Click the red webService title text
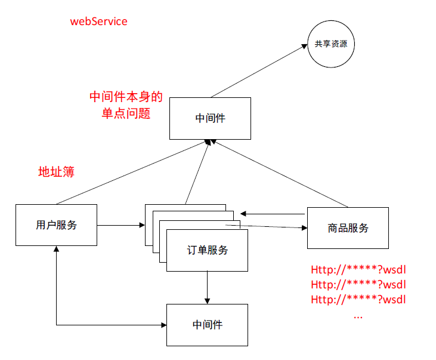coord(99,21)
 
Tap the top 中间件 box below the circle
coord(210,118)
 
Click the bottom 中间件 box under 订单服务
coord(207,325)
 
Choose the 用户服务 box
coord(56,224)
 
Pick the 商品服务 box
coord(348,227)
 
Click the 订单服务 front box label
coord(207,250)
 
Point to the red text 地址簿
coord(56,172)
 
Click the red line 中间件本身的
coord(126,97)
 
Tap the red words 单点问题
coord(126,113)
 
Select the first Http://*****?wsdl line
coord(358,269)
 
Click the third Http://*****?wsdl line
coord(358,299)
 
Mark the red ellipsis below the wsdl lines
coord(358,315)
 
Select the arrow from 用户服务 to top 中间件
coord(131,173)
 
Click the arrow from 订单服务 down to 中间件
coord(207,287)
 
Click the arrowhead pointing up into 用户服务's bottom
coord(57,251)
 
